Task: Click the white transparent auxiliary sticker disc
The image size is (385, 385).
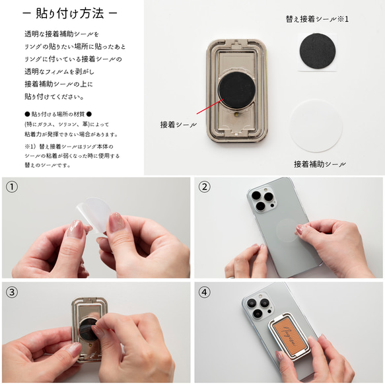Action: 320,126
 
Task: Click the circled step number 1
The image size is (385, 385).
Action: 11,187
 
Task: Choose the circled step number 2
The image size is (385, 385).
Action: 205,187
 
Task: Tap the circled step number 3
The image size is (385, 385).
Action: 11,292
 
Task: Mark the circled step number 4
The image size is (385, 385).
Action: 205,292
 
